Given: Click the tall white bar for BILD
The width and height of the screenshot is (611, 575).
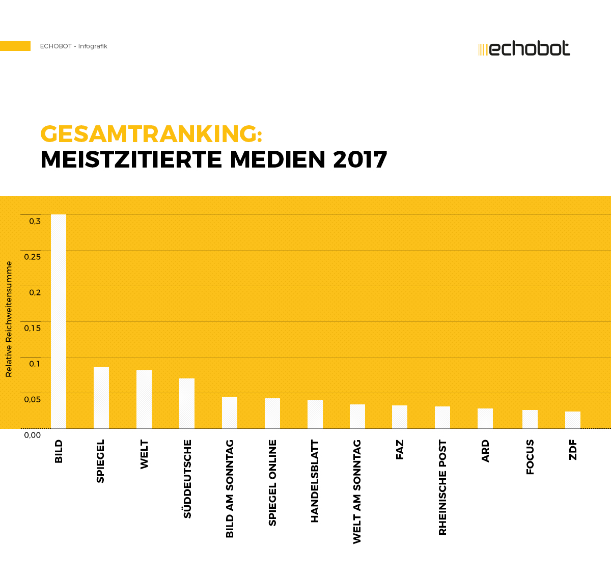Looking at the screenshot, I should pos(59,321).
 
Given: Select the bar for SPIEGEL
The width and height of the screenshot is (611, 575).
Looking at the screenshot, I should pos(101,398).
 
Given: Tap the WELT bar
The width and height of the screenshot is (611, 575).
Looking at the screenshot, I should pos(144,399).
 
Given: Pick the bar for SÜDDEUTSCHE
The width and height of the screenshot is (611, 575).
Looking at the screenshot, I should pos(187,403).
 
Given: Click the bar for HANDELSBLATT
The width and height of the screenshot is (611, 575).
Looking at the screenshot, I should pos(315,414).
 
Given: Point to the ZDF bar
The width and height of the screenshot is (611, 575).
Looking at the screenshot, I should pos(573,420).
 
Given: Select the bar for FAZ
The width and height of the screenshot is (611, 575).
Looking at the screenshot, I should pos(400,417).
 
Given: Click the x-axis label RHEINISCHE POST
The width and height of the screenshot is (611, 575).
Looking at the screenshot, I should pos(442,487).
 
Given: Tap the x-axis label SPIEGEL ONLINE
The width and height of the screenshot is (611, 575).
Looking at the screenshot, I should pos(272,483).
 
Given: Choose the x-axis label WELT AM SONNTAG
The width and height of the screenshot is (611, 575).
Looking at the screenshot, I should pos(357,491).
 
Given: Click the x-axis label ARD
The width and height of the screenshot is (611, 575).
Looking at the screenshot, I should pos(485,451).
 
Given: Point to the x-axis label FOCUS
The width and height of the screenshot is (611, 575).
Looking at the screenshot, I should pos(530,457).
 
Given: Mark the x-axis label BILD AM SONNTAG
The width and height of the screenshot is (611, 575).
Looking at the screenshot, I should pos(230,488).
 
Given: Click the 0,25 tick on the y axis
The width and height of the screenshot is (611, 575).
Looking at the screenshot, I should pos(33,257).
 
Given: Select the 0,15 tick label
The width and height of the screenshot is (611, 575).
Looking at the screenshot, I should pos(33,328).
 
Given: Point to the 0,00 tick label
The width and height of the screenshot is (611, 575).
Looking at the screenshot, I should pos(33,435).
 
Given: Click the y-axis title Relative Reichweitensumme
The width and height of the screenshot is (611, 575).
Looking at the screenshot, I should pos(9,319).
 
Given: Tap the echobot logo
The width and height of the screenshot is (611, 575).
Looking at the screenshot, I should pos(524,49).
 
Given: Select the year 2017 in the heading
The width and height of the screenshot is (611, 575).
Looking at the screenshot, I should pos(360,159).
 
